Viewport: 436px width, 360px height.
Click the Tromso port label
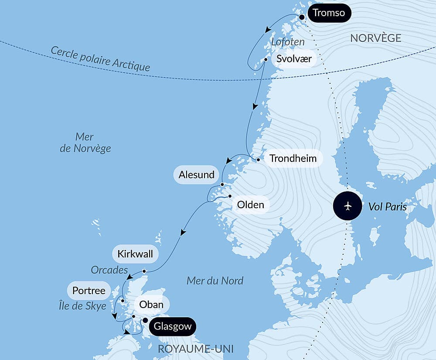[x=329, y=13]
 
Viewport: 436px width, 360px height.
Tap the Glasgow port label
[x=172, y=326]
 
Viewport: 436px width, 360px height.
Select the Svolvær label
[x=294, y=59]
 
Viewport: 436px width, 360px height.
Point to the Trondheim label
[x=293, y=158]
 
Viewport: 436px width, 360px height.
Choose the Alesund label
[x=197, y=175]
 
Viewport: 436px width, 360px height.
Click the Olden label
[x=251, y=204]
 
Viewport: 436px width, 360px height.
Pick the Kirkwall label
[x=135, y=254]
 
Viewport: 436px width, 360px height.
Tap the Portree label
[x=89, y=290]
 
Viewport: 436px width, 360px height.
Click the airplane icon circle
[x=347, y=206]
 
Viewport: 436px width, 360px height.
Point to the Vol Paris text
[x=388, y=207]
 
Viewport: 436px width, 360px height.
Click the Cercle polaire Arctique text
[x=100, y=58]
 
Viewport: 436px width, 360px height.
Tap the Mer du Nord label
[x=215, y=281]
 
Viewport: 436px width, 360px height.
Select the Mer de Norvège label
[x=85, y=143]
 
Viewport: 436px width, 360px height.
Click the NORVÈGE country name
[x=375, y=38]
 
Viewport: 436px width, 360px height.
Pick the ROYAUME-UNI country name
[x=195, y=349]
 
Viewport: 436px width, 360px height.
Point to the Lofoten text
[x=287, y=42]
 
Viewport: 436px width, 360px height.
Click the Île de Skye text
[x=82, y=306]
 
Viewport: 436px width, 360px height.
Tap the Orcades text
[x=109, y=270]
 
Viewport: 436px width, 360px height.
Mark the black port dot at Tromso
[x=301, y=17]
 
